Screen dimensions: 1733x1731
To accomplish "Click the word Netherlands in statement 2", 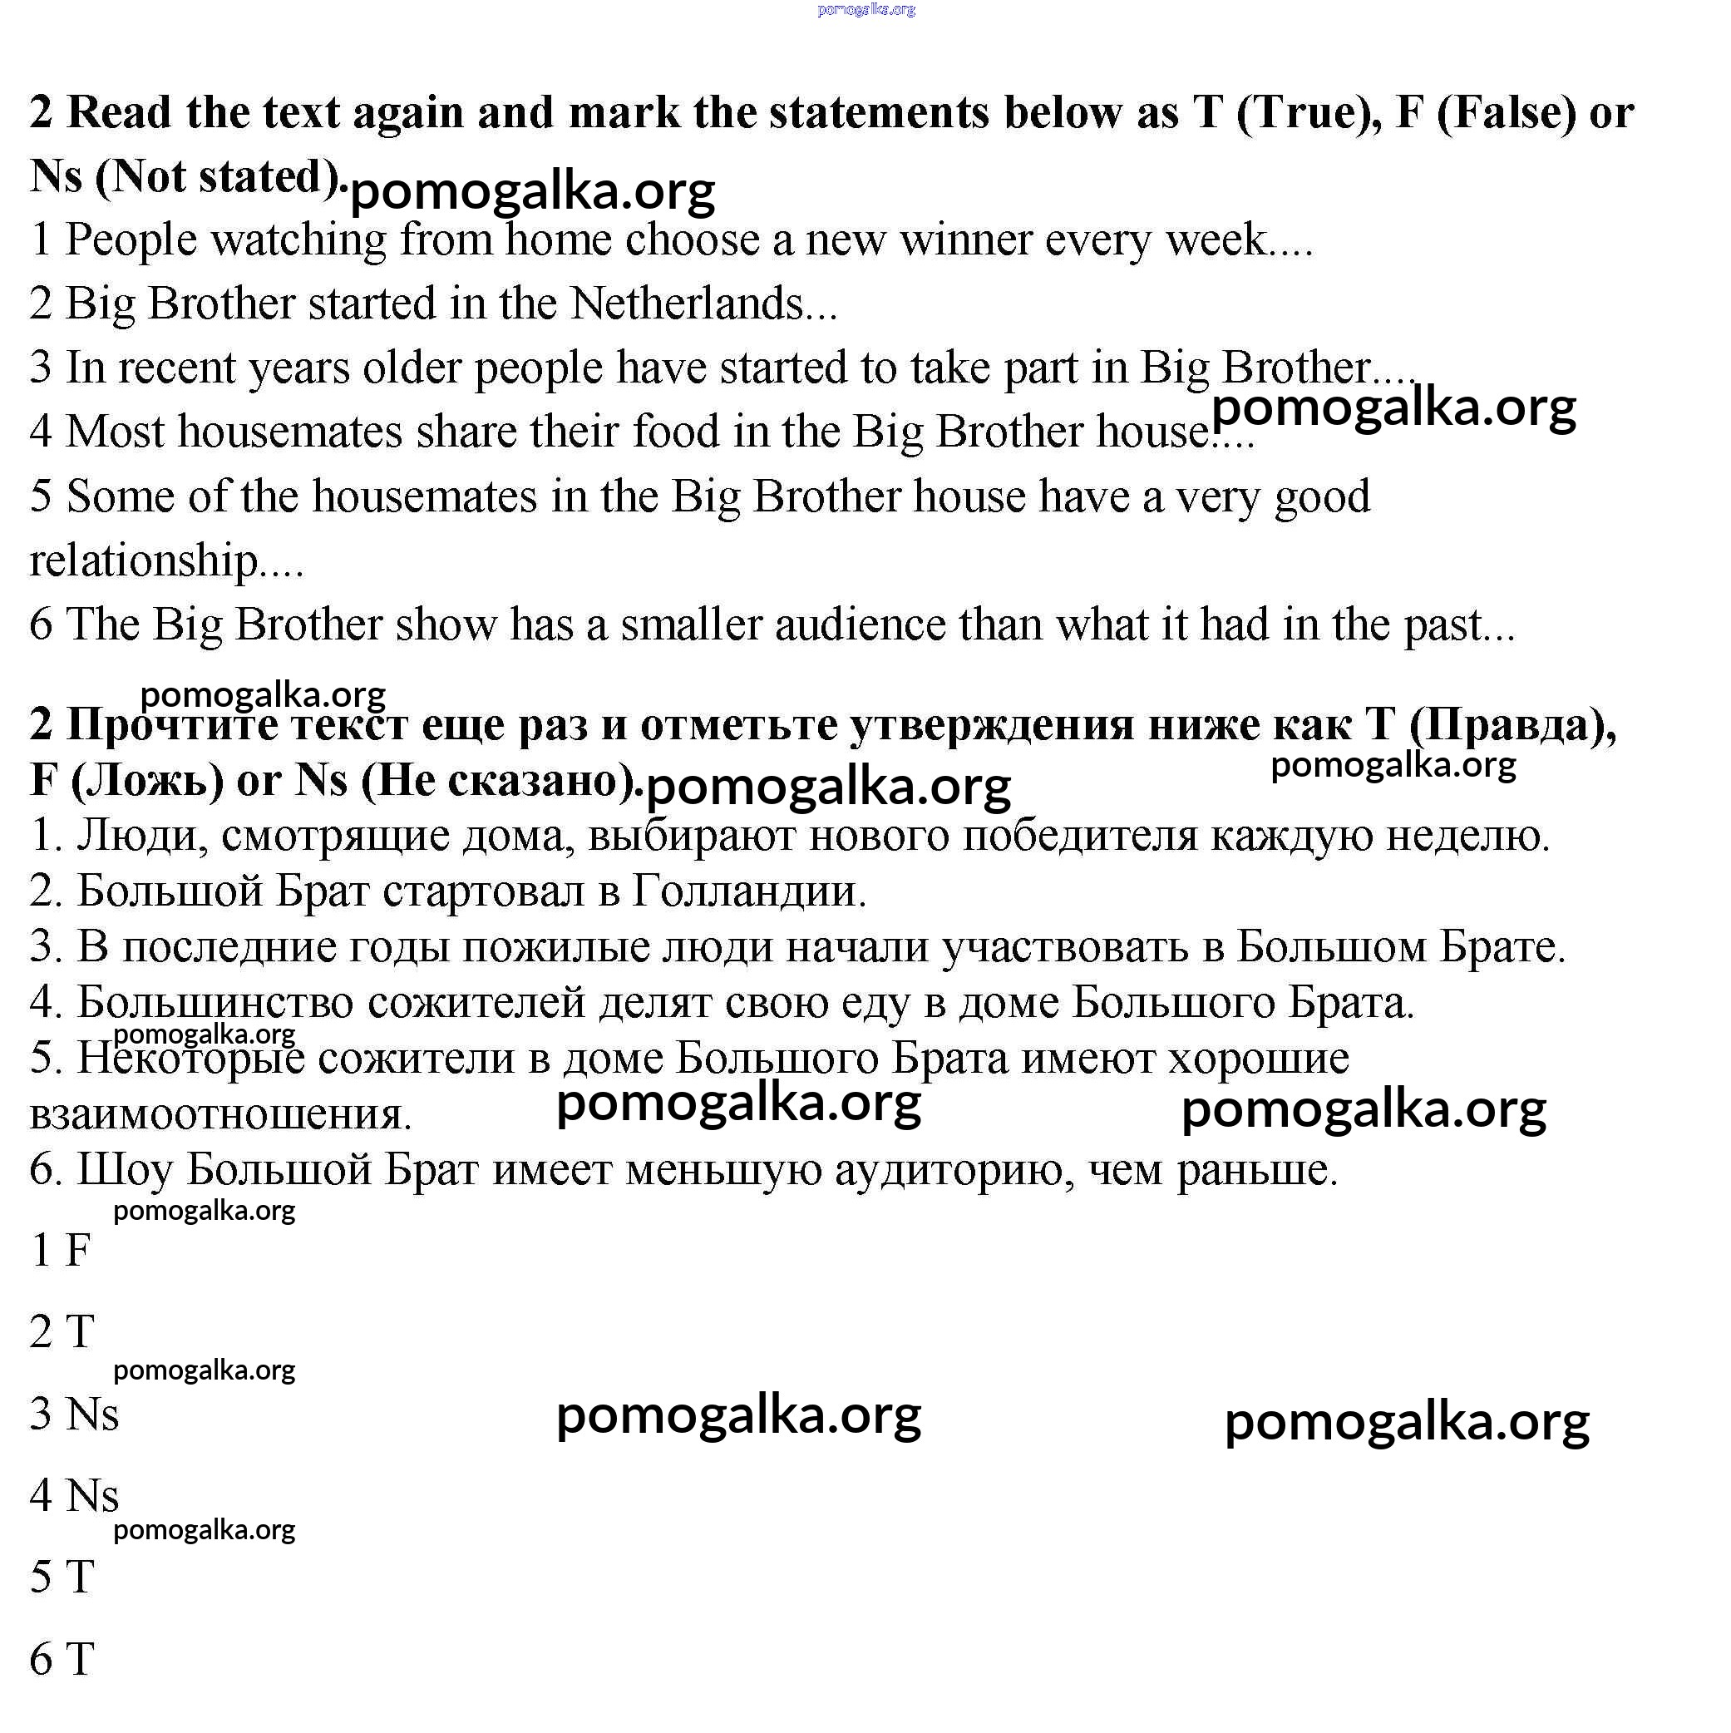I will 686,304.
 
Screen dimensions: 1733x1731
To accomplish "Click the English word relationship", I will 144,560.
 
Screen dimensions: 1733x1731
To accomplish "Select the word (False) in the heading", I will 1506,113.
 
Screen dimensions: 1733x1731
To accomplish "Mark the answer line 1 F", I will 61,1250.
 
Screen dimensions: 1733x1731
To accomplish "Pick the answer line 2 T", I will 62,1331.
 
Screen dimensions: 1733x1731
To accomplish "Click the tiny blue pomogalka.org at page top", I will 865,10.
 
